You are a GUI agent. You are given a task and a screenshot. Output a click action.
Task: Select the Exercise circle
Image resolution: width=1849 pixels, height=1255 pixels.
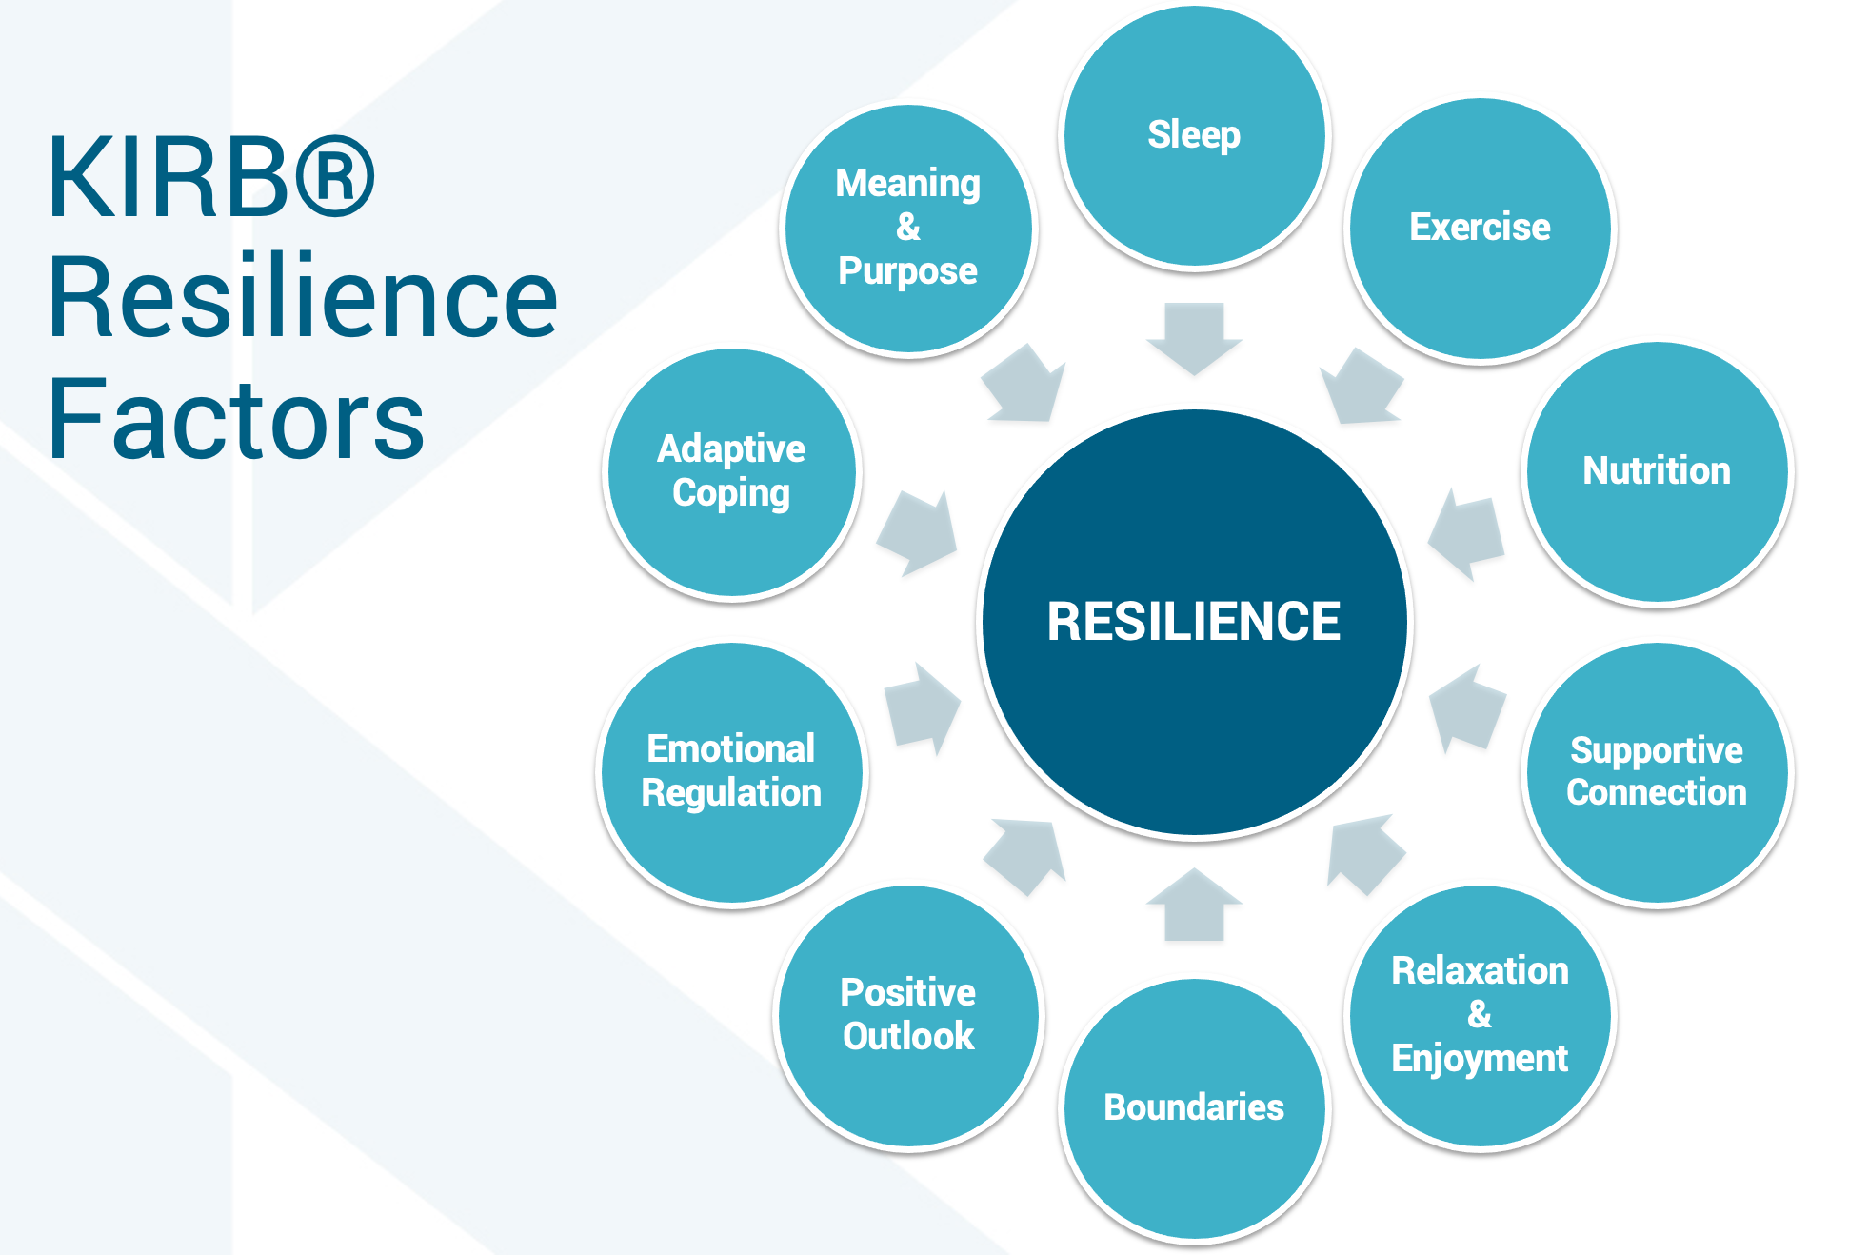tap(1480, 229)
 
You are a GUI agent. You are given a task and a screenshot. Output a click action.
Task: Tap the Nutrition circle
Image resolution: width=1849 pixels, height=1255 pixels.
tap(1657, 472)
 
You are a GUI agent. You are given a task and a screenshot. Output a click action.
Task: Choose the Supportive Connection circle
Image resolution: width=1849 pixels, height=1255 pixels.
tap(1657, 772)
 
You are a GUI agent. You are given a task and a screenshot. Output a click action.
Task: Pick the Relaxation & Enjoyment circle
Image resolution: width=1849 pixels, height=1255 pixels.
tap(1480, 1015)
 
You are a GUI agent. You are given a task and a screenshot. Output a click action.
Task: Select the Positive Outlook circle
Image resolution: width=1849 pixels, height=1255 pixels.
tap(908, 1015)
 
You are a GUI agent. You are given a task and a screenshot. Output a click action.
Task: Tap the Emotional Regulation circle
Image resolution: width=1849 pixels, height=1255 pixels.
tap(731, 772)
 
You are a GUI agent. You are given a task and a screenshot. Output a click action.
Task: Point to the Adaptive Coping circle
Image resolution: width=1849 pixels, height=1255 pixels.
tap(731, 472)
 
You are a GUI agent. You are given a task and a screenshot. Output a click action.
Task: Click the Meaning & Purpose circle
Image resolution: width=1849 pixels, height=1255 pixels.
tap(908, 229)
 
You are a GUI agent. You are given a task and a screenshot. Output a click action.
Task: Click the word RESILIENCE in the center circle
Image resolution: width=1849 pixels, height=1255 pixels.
tap(1194, 622)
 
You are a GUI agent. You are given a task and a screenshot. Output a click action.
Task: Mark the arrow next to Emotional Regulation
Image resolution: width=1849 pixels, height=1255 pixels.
tap(921, 709)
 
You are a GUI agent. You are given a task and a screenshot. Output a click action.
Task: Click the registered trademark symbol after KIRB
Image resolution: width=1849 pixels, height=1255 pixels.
tap(335, 177)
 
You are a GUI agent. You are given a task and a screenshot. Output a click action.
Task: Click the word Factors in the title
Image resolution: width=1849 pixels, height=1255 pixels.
tap(236, 419)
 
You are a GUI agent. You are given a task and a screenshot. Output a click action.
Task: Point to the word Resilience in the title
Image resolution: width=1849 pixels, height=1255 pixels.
tap(303, 297)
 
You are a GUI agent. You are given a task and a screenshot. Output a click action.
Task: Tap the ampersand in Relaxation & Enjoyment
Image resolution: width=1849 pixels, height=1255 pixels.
tap(1480, 1014)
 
